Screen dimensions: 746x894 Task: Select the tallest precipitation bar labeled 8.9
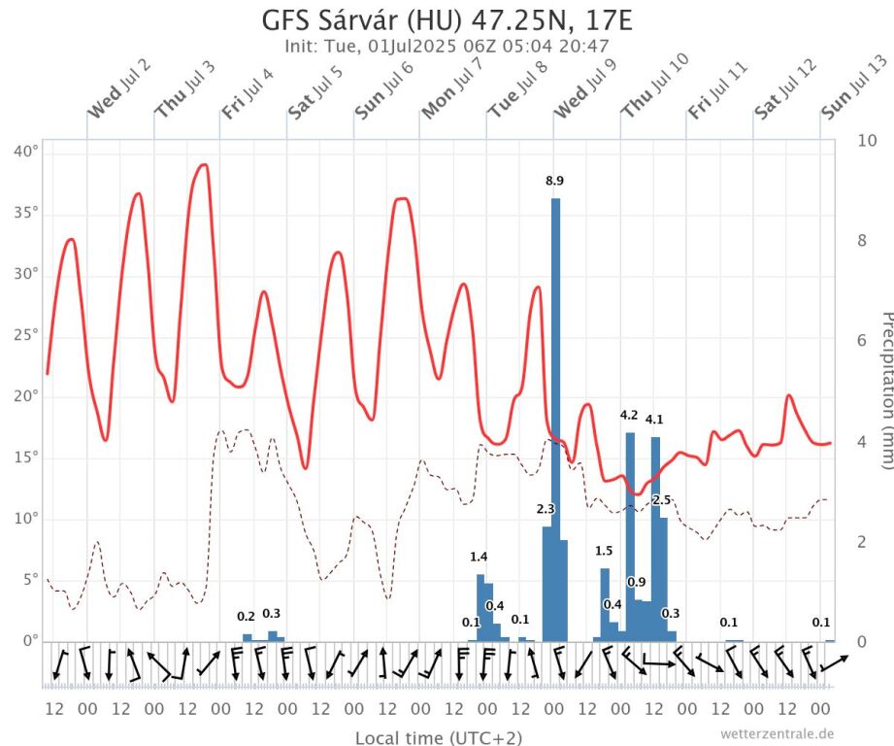click(x=555, y=418)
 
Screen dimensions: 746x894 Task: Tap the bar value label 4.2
click(x=629, y=416)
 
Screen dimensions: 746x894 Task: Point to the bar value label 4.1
click(x=655, y=420)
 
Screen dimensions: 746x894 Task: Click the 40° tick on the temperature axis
click(x=26, y=152)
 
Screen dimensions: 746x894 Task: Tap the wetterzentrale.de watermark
click(x=778, y=733)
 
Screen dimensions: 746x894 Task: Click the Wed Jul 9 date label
click(x=585, y=88)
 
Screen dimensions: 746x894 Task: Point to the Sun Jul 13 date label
click(x=855, y=87)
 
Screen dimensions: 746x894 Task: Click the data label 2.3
click(x=546, y=509)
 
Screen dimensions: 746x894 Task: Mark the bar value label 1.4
click(x=479, y=557)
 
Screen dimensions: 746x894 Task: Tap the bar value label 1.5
click(x=604, y=551)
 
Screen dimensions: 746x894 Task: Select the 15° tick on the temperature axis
click(x=26, y=458)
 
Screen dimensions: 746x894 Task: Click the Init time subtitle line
click(x=447, y=46)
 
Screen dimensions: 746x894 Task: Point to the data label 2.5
click(x=662, y=499)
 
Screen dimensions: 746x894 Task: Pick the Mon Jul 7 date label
click(x=452, y=89)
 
